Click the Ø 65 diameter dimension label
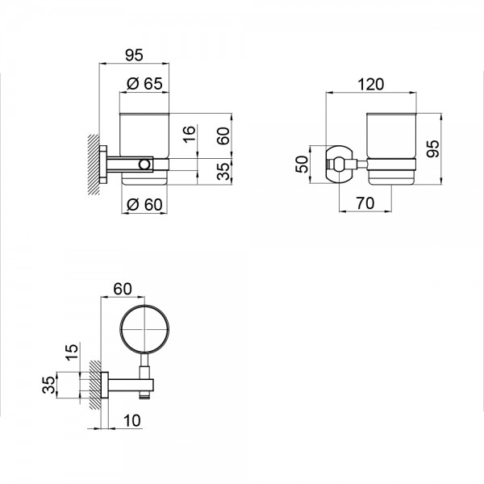144,83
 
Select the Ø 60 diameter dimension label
144,204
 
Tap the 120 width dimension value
371,84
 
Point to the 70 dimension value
365,202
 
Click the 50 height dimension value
302,165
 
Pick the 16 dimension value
190,133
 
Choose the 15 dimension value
72,353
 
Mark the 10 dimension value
131,420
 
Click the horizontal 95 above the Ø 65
134,55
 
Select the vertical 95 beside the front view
432,148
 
